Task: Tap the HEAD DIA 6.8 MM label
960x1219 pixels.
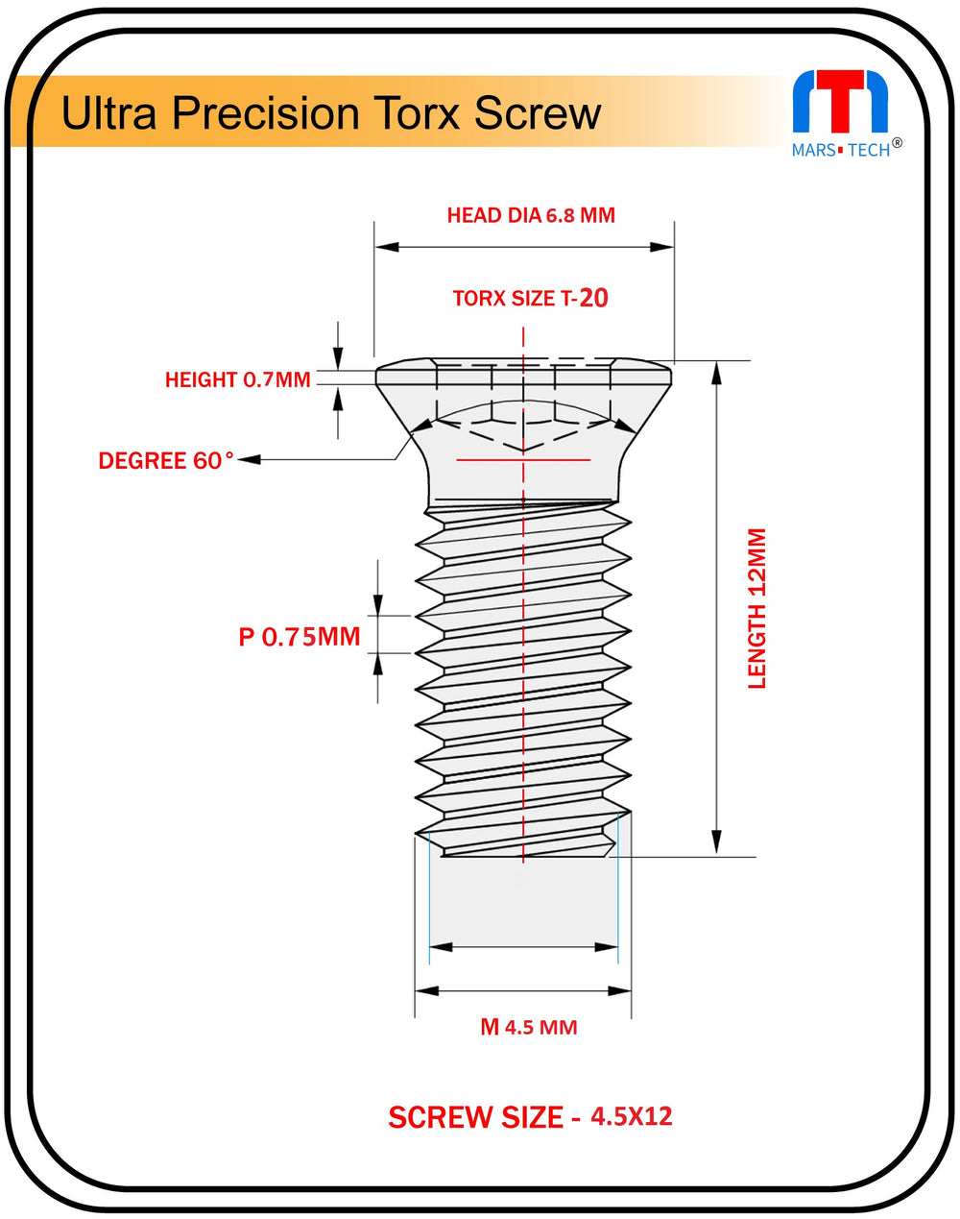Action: click(x=531, y=215)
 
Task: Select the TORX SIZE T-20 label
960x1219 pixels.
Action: click(x=530, y=298)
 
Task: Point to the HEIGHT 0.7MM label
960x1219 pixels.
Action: click(x=238, y=380)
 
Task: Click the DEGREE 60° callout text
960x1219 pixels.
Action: click(x=165, y=461)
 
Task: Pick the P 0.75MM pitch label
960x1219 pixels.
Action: click(x=300, y=636)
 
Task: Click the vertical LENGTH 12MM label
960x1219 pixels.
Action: click(x=757, y=608)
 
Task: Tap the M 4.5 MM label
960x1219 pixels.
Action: click(x=529, y=1028)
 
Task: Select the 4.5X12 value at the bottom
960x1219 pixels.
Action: click(x=632, y=1116)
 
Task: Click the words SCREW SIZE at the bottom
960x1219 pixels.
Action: click(x=475, y=1117)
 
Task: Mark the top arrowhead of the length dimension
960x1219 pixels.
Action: click(x=715, y=373)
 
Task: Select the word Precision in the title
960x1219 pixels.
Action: click(x=264, y=113)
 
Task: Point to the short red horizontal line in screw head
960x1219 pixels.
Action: click(x=523, y=460)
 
